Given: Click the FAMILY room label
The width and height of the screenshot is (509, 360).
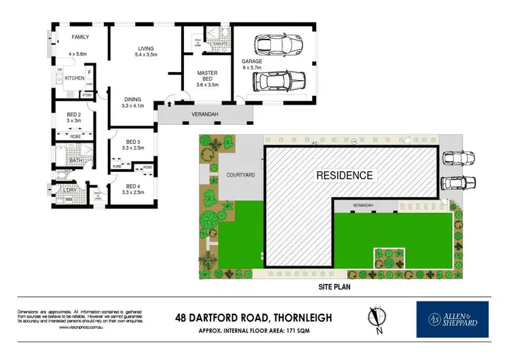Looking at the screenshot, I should coord(81,37).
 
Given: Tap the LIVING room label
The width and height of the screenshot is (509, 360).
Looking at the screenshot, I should coord(146,49).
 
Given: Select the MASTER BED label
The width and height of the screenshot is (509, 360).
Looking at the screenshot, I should coord(206,77).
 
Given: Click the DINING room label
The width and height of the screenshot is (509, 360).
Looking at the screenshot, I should coord(132,100).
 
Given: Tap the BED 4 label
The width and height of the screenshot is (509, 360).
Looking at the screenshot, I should coord(134,186).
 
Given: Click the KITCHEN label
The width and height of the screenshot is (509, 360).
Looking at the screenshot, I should coord(75,79).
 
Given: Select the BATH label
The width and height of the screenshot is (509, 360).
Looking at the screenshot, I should coord(75,160).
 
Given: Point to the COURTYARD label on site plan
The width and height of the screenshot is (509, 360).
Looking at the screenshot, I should coord(241,175).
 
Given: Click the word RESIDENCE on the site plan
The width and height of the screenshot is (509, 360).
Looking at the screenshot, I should coord(344,175).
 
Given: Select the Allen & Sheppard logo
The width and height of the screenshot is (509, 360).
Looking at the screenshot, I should coord(451,319).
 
